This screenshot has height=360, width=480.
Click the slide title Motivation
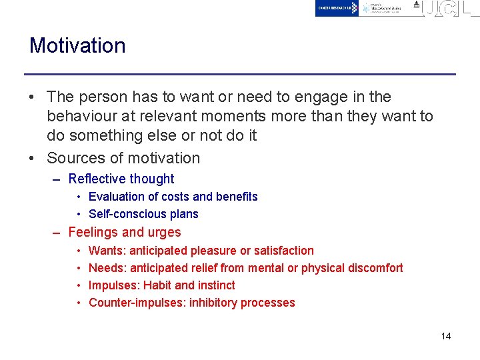[x=77, y=45]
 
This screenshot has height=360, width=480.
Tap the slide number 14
[x=446, y=336]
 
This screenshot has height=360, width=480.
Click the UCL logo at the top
[x=450, y=8]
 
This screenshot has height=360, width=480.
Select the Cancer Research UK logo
[x=337, y=8]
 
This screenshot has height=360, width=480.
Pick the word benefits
[x=235, y=197]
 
